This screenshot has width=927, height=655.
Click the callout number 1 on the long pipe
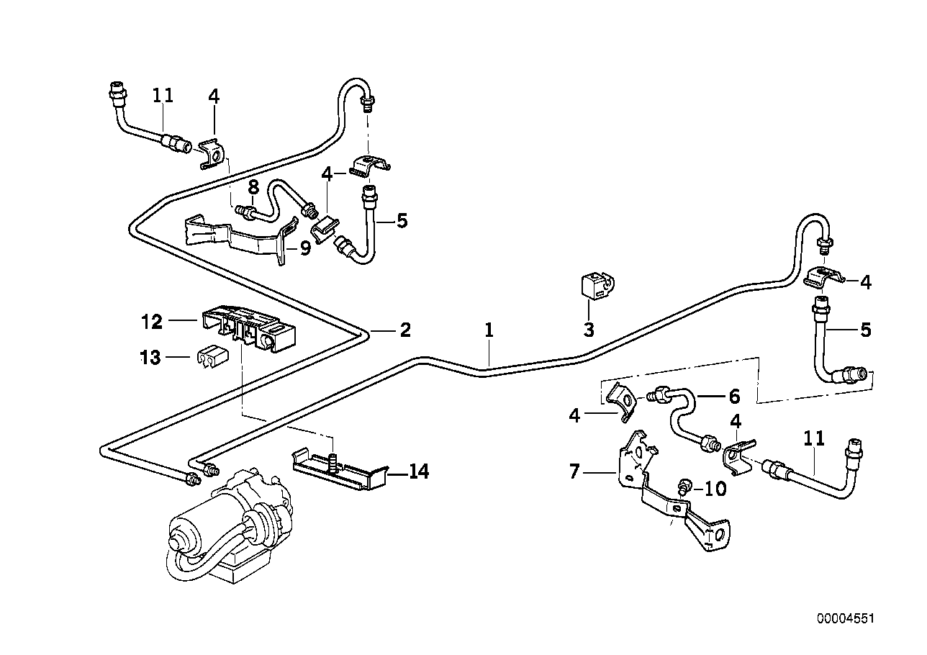[489, 330]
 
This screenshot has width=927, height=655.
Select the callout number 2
[404, 330]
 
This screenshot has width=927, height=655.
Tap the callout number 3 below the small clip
[589, 330]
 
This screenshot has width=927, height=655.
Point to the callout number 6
[733, 397]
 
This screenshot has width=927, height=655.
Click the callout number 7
[574, 473]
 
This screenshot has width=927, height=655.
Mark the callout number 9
[305, 249]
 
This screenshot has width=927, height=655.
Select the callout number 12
[152, 322]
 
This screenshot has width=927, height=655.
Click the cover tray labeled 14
[338, 474]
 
